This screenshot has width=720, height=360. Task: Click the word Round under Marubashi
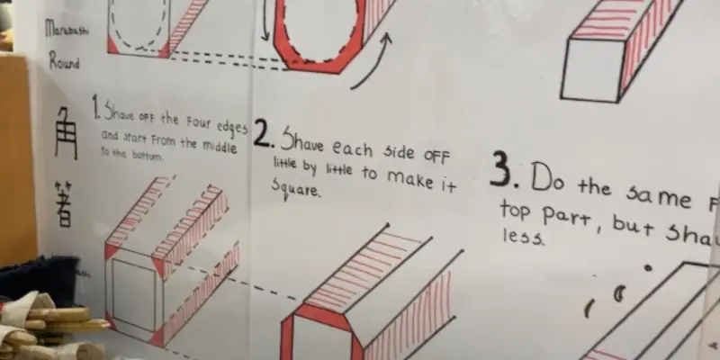[x=64, y=64]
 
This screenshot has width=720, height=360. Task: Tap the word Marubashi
[x=62, y=30]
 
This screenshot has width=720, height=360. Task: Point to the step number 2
[x=262, y=135]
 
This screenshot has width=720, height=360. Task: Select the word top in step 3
[x=517, y=212]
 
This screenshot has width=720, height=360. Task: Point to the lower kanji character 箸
[x=63, y=202]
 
